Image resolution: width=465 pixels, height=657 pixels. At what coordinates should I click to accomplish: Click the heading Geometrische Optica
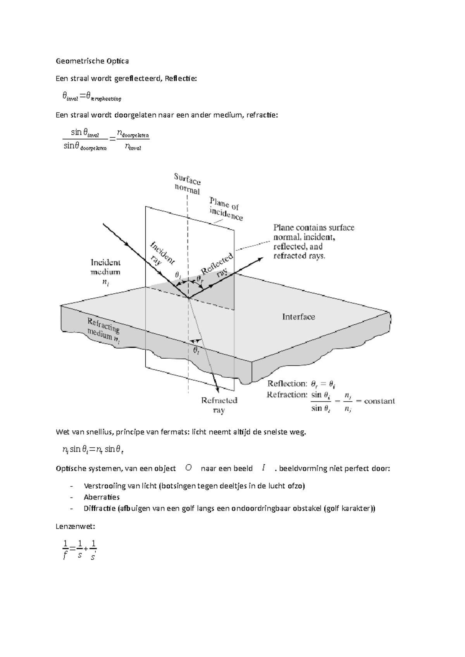[x=92, y=61]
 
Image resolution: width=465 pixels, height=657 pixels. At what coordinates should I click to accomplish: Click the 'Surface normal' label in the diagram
[x=187, y=184]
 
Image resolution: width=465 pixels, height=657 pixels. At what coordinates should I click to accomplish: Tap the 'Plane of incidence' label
[x=226, y=209]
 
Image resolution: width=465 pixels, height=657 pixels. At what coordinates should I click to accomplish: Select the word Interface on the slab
[x=298, y=317]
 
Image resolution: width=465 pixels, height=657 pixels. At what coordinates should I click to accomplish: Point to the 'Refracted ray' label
[x=219, y=405]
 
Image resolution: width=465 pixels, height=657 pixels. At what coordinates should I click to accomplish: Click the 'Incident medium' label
[x=105, y=267]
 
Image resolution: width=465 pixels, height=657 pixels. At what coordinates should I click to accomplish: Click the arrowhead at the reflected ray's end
[x=260, y=259]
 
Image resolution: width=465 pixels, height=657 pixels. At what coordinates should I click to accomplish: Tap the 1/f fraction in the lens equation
[x=65, y=550]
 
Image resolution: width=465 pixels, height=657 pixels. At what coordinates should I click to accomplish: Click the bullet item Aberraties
[x=102, y=497]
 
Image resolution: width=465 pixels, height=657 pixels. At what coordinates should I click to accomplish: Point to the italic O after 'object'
[x=188, y=468]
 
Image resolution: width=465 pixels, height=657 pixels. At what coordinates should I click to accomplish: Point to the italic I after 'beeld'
[x=263, y=468]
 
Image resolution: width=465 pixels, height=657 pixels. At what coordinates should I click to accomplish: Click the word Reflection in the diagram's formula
[x=287, y=384]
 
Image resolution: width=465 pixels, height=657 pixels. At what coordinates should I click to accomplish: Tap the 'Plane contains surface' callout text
[x=314, y=228]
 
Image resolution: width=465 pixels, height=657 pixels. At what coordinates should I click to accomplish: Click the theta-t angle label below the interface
[x=196, y=351]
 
